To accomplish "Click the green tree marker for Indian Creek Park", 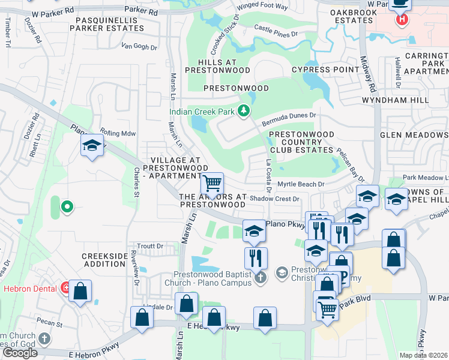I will point(244,110).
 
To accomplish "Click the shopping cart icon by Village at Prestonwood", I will point(211,182).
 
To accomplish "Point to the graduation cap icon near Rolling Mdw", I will point(92,146).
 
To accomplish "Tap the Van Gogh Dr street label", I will point(139,46).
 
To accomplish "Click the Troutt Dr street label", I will point(150,246).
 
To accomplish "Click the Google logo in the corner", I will point(20,353).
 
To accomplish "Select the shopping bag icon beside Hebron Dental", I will point(80,291).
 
